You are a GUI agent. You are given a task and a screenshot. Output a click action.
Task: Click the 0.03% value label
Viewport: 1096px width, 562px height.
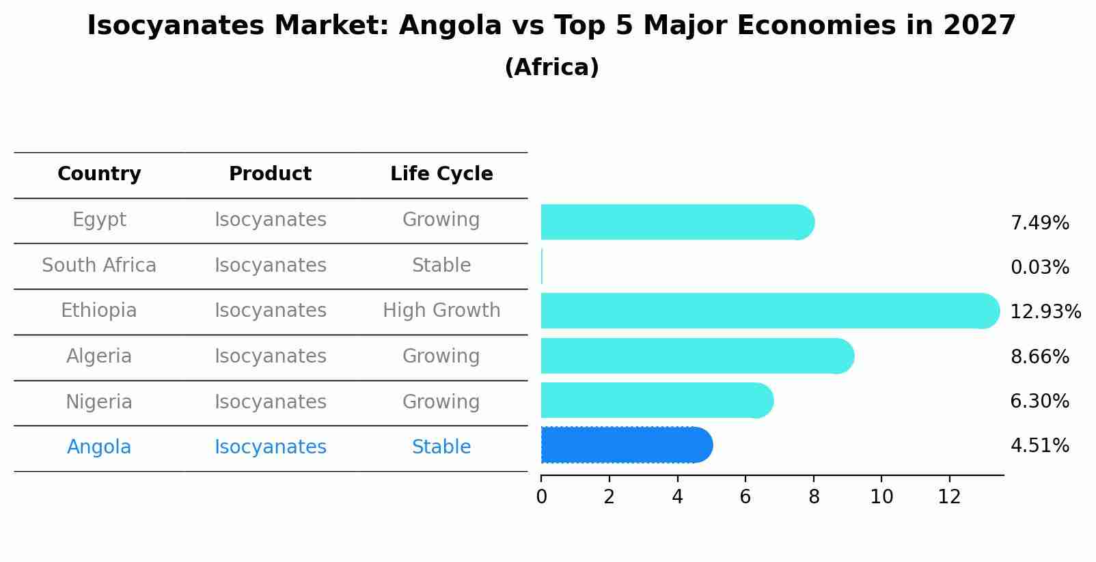pyautogui.click(x=1039, y=268)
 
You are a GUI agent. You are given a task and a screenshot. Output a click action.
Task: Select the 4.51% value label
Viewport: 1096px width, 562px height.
pyautogui.click(x=1039, y=446)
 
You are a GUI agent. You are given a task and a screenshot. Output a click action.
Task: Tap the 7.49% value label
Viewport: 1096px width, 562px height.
pyautogui.click(x=1039, y=223)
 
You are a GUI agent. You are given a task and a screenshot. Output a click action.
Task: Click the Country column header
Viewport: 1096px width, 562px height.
pyautogui.click(x=99, y=174)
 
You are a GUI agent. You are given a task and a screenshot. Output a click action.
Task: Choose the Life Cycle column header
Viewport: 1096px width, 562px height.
pyautogui.click(x=441, y=174)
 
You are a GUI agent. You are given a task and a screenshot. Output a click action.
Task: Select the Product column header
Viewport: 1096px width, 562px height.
pyautogui.click(x=270, y=174)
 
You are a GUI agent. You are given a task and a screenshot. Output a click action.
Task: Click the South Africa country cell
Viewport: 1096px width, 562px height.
pyautogui.click(x=99, y=266)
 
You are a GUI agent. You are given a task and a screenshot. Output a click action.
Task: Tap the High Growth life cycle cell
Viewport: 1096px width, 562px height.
pyautogui.click(x=441, y=311)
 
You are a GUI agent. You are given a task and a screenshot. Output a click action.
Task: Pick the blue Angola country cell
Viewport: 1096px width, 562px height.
pyautogui.click(x=99, y=447)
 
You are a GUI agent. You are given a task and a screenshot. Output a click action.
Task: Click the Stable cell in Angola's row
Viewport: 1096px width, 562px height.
pyautogui.click(x=441, y=447)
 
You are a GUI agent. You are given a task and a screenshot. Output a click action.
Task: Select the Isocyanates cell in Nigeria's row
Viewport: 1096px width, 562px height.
pyautogui.click(x=270, y=402)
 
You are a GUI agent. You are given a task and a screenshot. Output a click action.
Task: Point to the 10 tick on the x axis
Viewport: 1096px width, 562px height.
pyautogui.click(x=881, y=497)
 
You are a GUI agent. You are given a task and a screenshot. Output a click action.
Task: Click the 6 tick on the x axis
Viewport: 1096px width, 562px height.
pyautogui.click(x=745, y=497)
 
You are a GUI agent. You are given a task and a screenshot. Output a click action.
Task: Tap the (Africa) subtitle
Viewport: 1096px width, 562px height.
pyautogui.click(x=551, y=68)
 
